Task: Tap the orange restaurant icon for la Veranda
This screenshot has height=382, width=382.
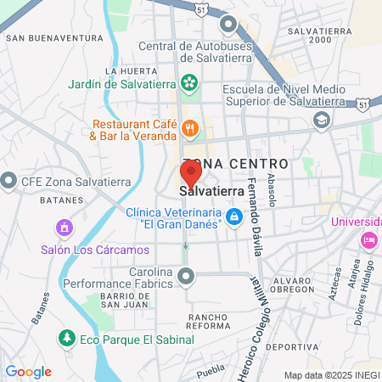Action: [x=189, y=129]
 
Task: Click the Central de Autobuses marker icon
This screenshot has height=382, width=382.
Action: [x=228, y=24]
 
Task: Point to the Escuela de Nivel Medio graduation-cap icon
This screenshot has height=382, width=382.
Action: [x=321, y=120]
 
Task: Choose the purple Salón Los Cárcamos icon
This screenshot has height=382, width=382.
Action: [x=62, y=228]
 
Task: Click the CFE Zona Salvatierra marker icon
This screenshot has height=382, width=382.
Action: [x=9, y=180]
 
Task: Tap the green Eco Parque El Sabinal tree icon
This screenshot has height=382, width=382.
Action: [x=65, y=339]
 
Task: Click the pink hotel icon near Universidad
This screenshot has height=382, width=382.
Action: [x=368, y=240]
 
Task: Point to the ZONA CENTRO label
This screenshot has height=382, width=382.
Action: [x=235, y=162]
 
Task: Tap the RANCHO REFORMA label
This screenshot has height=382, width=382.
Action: [x=198, y=321]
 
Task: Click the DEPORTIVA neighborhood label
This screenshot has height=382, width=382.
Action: [x=291, y=348]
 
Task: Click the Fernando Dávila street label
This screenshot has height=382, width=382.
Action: [x=252, y=216]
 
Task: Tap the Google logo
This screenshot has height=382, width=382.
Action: [x=29, y=372]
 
